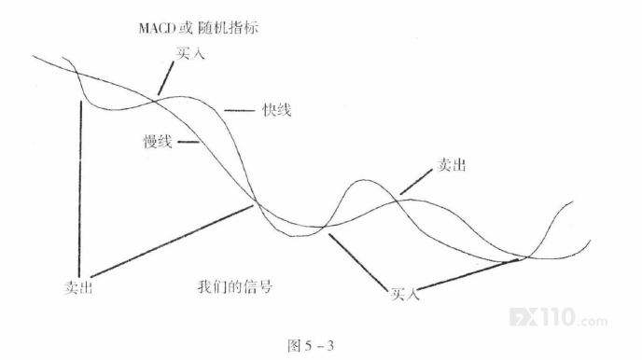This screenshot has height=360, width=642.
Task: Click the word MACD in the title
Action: click(x=157, y=28)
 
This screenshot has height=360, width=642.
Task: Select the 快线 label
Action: click(x=277, y=110)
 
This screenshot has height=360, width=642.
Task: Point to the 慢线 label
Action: click(x=157, y=142)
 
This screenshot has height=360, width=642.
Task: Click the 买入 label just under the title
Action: click(x=190, y=53)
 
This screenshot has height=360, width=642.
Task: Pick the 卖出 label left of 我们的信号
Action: click(x=78, y=287)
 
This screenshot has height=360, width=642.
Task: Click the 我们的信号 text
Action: click(x=234, y=286)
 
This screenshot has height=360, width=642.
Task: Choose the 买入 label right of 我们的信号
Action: click(x=405, y=294)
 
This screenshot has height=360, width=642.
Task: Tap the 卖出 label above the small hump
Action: click(x=452, y=165)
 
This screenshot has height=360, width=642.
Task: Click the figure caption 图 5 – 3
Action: click(x=311, y=346)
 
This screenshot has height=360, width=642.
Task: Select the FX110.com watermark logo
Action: click(x=558, y=317)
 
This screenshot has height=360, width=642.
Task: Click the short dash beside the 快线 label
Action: click(x=239, y=110)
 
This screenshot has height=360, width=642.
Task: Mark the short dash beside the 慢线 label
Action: click(x=188, y=142)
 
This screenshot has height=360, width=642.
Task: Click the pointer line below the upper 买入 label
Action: click(x=166, y=77)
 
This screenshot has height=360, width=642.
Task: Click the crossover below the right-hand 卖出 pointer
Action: click(x=397, y=201)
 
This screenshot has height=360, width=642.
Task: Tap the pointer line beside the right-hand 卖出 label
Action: click(x=415, y=182)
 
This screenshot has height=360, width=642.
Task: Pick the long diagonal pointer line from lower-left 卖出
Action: click(x=172, y=242)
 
